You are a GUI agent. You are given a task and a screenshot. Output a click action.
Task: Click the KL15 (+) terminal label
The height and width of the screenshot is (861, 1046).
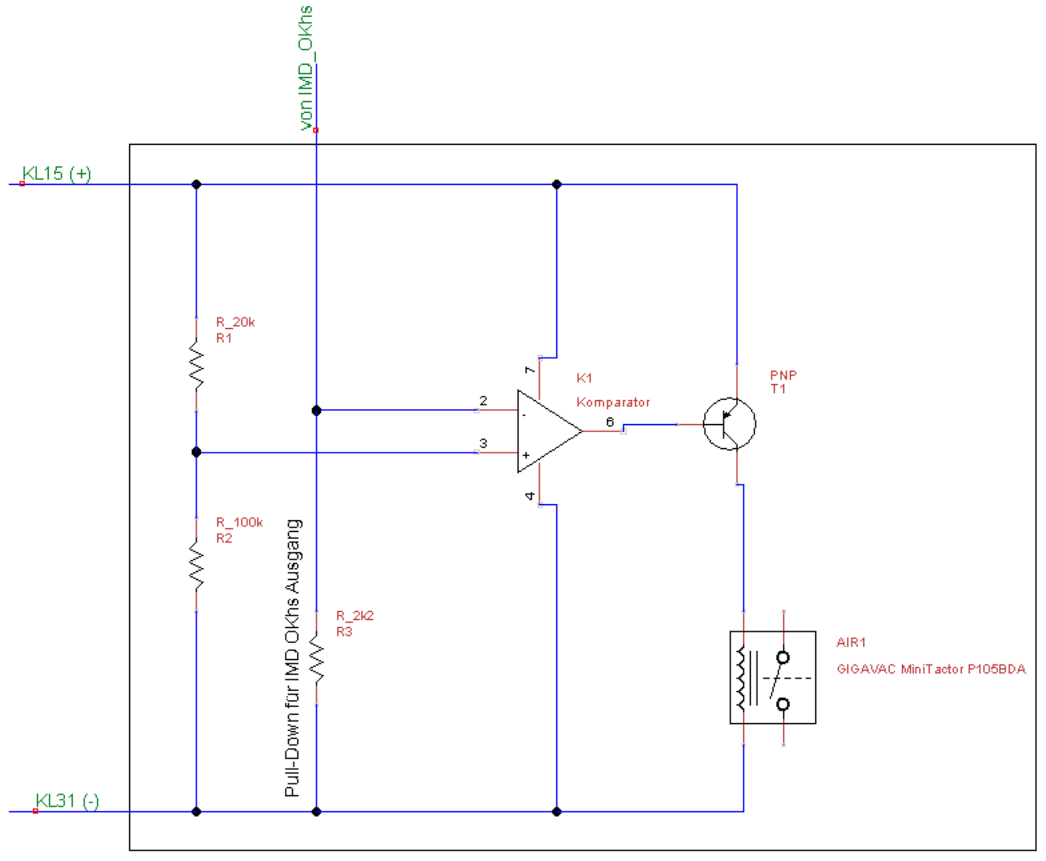click(57, 174)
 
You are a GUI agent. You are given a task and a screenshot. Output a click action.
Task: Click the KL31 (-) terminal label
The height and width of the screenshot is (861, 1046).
click(67, 801)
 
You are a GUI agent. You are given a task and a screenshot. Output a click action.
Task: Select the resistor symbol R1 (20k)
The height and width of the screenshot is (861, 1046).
click(196, 365)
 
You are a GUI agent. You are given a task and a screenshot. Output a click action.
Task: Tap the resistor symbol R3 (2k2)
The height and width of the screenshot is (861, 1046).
click(317, 658)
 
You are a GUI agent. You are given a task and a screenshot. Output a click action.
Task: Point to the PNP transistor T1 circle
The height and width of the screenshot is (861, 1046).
click(729, 424)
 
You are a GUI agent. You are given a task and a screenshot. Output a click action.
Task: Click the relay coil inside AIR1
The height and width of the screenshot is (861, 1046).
click(741, 678)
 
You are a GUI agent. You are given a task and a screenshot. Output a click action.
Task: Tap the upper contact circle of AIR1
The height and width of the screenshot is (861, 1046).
click(783, 658)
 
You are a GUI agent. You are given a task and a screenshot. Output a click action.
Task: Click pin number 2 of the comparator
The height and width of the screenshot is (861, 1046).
click(483, 400)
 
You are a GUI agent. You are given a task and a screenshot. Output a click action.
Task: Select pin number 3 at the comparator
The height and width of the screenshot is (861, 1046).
click(483, 443)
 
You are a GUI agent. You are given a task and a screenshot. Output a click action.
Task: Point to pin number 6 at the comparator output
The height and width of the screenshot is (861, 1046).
click(610, 422)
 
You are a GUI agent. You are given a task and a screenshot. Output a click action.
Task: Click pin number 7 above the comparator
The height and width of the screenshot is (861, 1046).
click(529, 369)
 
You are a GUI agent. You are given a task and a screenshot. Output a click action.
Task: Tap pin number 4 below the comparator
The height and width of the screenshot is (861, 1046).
click(529, 495)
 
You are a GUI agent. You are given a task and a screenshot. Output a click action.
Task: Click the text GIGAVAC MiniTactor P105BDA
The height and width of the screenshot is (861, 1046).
click(931, 669)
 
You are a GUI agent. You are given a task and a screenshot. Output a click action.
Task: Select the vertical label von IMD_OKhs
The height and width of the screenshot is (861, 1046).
click(306, 68)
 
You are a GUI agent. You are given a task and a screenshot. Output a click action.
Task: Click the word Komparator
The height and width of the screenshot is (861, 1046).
click(613, 402)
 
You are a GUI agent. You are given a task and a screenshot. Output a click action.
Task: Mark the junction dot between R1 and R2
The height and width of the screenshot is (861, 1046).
click(196, 452)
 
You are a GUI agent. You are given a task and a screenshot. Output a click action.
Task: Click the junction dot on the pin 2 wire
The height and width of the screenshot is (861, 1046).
click(317, 410)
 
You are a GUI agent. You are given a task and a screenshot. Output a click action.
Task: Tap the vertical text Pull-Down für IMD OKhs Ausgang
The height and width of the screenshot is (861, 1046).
click(293, 658)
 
